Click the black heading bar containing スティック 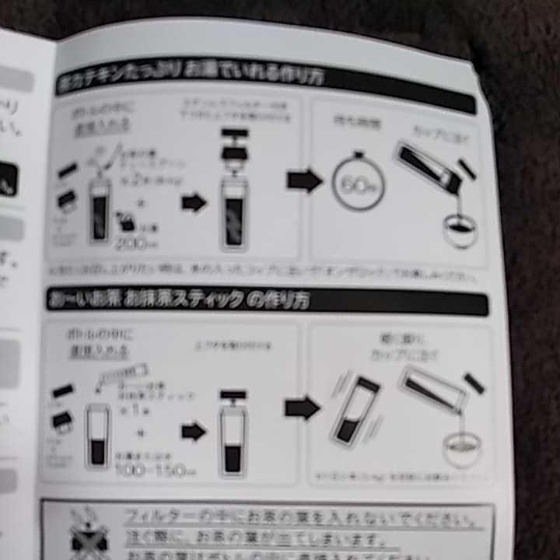[x=265, y=300]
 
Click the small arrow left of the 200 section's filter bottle [x=194, y=204]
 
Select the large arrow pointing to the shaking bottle [x=302, y=407]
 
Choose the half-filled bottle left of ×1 [x=97, y=436]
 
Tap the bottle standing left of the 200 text [x=99, y=210]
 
